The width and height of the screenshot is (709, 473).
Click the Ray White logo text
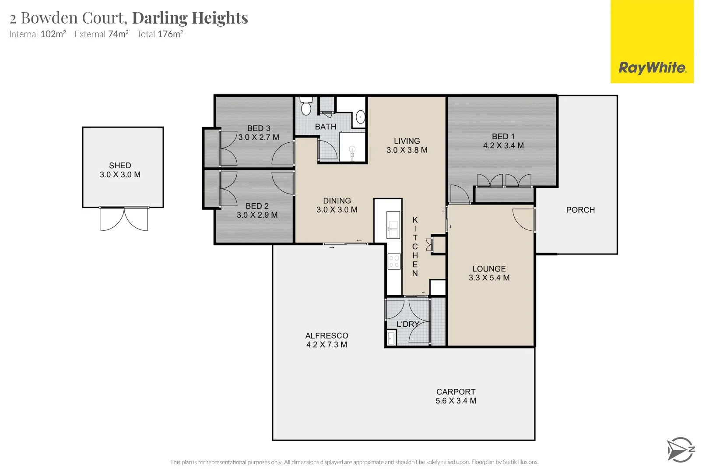(x=652, y=68)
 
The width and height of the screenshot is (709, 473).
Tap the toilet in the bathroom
(x=306, y=107)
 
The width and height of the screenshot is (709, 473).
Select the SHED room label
(x=120, y=166)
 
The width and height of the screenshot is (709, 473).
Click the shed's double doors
(x=124, y=219)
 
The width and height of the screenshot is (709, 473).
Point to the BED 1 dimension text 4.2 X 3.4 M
(x=503, y=145)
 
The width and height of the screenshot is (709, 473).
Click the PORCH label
(x=580, y=210)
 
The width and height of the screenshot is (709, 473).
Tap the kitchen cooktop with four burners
(x=394, y=261)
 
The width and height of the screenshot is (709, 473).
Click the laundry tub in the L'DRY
(x=391, y=338)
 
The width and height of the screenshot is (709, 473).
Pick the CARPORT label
(x=456, y=392)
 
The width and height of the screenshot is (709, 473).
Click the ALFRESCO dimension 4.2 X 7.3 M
(x=326, y=345)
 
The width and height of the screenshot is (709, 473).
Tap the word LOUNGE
(x=489, y=268)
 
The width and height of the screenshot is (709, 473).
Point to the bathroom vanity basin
(x=360, y=117)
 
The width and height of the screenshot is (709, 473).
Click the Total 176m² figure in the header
(x=160, y=34)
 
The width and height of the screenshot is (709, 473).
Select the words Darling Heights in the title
(x=190, y=18)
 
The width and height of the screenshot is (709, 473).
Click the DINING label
(x=337, y=201)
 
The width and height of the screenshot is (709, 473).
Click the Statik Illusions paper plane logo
(x=680, y=449)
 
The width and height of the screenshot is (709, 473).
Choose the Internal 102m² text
(x=38, y=34)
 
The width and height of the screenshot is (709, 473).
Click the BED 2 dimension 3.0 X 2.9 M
(x=257, y=215)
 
